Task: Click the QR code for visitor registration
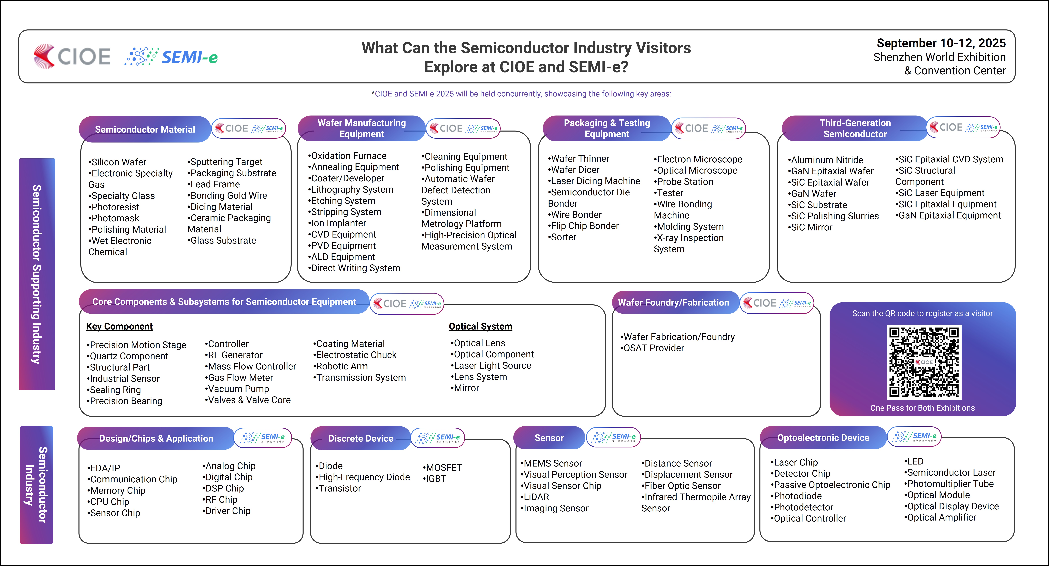(x=924, y=362)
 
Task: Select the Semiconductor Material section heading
(x=145, y=129)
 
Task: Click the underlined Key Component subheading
(x=119, y=326)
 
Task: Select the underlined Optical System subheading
(x=481, y=326)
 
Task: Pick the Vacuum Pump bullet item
(x=237, y=389)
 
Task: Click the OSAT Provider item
(x=652, y=348)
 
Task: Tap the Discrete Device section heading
(x=361, y=439)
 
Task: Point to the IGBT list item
(x=435, y=479)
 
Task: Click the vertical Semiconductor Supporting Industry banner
(x=37, y=274)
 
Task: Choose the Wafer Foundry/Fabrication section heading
(x=674, y=302)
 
